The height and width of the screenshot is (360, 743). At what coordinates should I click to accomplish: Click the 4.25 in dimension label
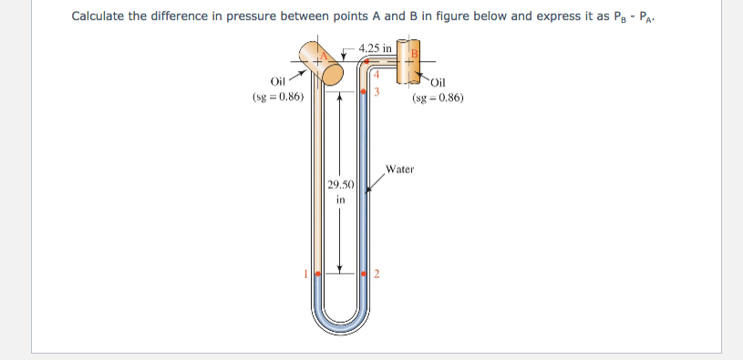click(375, 47)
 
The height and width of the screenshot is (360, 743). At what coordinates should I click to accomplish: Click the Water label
click(399, 169)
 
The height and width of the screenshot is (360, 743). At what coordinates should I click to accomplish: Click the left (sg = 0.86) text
click(278, 97)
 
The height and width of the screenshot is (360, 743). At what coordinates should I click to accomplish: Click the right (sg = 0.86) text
click(439, 97)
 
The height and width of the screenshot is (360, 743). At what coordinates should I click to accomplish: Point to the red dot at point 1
click(317, 273)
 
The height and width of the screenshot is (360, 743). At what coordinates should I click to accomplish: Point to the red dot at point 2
click(366, 273)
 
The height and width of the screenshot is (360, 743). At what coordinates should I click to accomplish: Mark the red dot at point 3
click(365, 92)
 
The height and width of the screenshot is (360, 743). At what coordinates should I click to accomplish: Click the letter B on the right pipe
click(412, 54)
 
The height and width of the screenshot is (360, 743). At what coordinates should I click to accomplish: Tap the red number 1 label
click(307, 273)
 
